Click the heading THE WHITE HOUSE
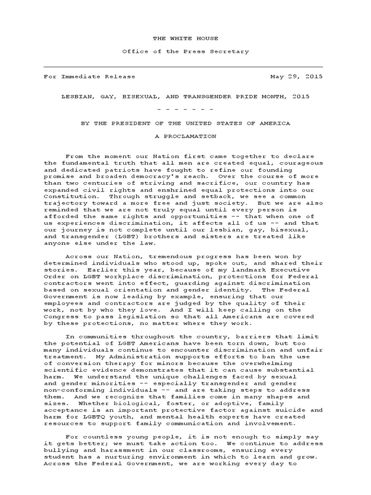185,38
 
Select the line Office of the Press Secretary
185,51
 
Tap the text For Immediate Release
90,76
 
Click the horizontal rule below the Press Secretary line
184,67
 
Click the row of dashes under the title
185,110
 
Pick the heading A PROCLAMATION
185,136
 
